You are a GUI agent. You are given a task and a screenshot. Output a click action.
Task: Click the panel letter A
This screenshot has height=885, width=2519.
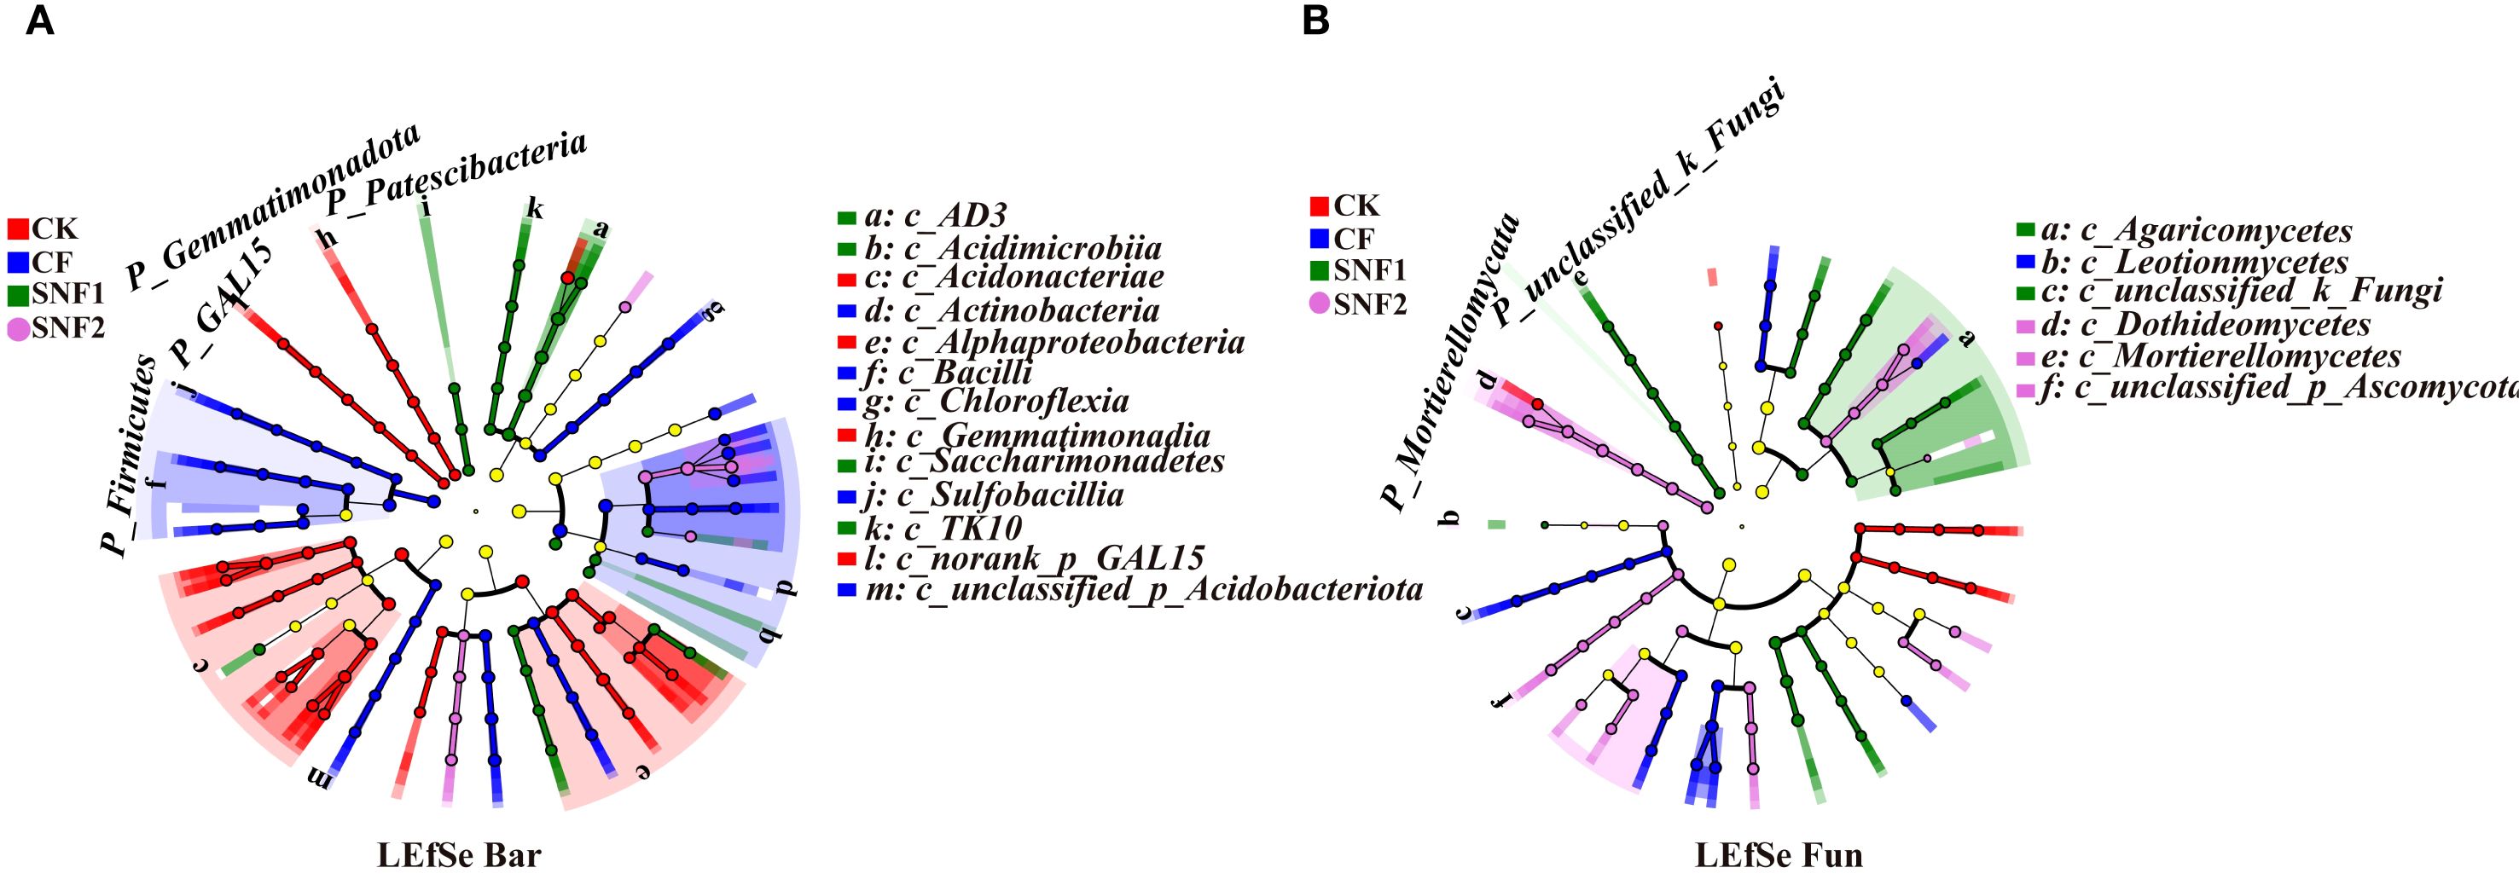[40, 21]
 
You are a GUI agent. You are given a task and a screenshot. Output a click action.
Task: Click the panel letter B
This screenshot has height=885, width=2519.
[1316, 21]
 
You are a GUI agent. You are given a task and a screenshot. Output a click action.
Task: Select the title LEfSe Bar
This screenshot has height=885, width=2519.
[459, 856]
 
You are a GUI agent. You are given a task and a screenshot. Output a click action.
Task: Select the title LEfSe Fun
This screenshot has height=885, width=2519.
[1779, 856]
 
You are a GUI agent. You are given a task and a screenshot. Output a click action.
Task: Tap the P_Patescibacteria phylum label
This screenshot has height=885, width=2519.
[456, 173]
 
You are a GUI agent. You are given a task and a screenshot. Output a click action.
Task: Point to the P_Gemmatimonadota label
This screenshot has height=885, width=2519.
[276, 207]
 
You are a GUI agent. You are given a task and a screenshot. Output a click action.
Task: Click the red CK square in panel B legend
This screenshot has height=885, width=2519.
[1319, 206]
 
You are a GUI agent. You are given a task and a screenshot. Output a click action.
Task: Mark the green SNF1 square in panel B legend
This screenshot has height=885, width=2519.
[1319, 270]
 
